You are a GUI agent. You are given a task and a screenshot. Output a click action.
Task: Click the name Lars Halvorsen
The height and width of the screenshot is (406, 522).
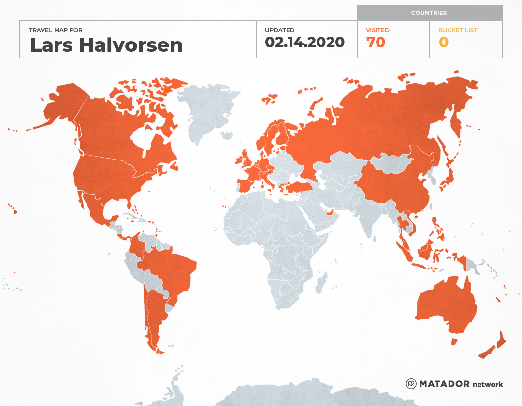point(106,45)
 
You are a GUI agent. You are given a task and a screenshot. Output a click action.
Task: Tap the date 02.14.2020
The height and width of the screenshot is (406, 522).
point(304,43)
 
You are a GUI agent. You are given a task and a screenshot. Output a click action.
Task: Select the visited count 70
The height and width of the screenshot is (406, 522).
point(376,43)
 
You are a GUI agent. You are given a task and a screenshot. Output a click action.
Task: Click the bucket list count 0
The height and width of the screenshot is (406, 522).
point(443,43)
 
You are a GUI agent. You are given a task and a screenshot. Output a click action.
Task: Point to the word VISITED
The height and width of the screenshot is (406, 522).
point(377,30)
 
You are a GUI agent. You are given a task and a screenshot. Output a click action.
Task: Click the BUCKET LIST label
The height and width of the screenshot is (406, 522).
point(457,30)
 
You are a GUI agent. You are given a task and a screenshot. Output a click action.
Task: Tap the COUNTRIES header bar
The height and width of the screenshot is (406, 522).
point(429,13)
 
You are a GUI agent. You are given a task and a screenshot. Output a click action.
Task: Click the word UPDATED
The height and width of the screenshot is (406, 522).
point(279,30)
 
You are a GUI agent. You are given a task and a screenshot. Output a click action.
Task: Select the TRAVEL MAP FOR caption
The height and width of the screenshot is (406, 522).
point(56,30)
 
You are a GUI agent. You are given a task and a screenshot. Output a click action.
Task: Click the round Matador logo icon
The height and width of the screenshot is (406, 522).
point(411,384)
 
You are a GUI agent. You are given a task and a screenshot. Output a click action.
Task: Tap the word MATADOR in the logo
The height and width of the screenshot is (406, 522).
point(444,384)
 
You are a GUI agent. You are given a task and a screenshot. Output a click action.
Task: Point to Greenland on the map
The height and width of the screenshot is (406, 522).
point(208,111)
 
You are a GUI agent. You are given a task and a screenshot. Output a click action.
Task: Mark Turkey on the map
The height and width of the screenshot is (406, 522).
point(297,188)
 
